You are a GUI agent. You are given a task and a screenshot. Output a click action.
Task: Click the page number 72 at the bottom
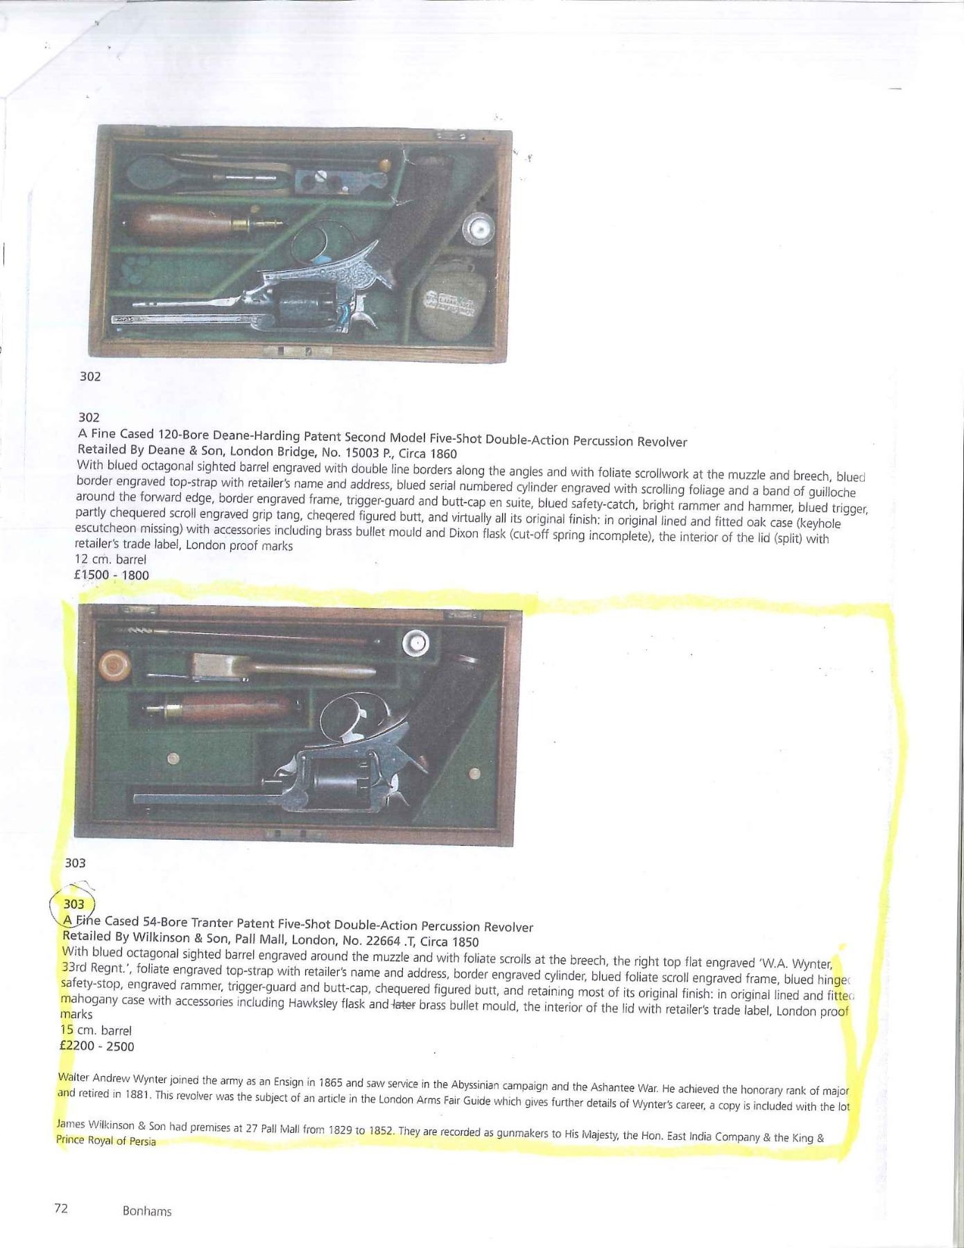(61, 1208)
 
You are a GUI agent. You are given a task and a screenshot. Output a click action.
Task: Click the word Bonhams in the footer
(147, 1211)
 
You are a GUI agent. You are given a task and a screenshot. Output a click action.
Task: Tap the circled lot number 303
(74, 904)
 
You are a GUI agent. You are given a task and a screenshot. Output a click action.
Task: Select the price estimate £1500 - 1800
(112, 575)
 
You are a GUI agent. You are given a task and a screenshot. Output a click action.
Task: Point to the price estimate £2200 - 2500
(98, 1046)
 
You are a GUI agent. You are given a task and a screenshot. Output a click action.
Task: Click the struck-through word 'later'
(403, 1005)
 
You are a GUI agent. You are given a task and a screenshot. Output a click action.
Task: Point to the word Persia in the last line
(141, 1141)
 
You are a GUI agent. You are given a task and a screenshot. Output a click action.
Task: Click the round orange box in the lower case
(115, 666)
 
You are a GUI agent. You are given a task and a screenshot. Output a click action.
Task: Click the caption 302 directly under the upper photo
(90, 376)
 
